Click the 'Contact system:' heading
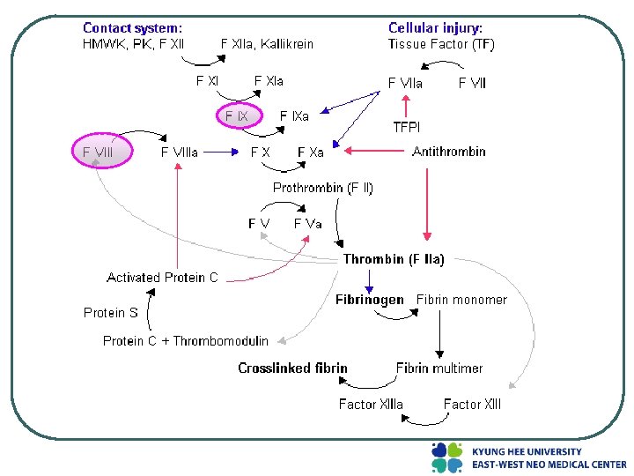point(133,28)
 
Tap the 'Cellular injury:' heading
point(436,28)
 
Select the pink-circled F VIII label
point(99,152)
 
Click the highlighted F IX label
point(237,115)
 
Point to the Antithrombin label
point(449,152)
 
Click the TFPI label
point(406,127)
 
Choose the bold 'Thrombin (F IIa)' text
point(394,259)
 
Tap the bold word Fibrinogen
point(370,300)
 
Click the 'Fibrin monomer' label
point(461,300)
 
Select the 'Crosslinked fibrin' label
point(293,368)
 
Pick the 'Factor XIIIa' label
point(371,404)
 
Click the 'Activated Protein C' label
point(162,278)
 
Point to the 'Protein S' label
point(111,312)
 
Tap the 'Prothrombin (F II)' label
point(323,188)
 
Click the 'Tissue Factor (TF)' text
point(441,44)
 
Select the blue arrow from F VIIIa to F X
point(225,152)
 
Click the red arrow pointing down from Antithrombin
point(427,203)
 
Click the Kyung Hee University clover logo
point(446,457)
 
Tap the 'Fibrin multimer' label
point(439,368)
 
